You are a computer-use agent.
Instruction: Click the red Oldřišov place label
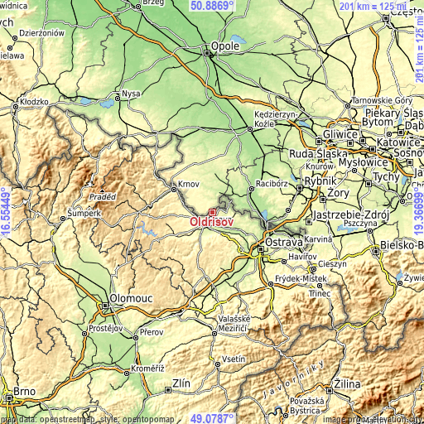tap(210, 223)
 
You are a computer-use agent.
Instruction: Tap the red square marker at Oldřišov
tap(212, 213)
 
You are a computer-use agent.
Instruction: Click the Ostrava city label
tap(283, 243)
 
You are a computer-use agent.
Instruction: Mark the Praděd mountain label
tap(103, 196)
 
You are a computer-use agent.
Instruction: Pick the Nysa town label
tap(131, 94)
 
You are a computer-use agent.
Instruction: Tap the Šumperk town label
tap(84, 213)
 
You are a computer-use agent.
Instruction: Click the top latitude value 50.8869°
tap(212, 5)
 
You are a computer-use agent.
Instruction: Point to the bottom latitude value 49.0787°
tap(212, 418)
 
